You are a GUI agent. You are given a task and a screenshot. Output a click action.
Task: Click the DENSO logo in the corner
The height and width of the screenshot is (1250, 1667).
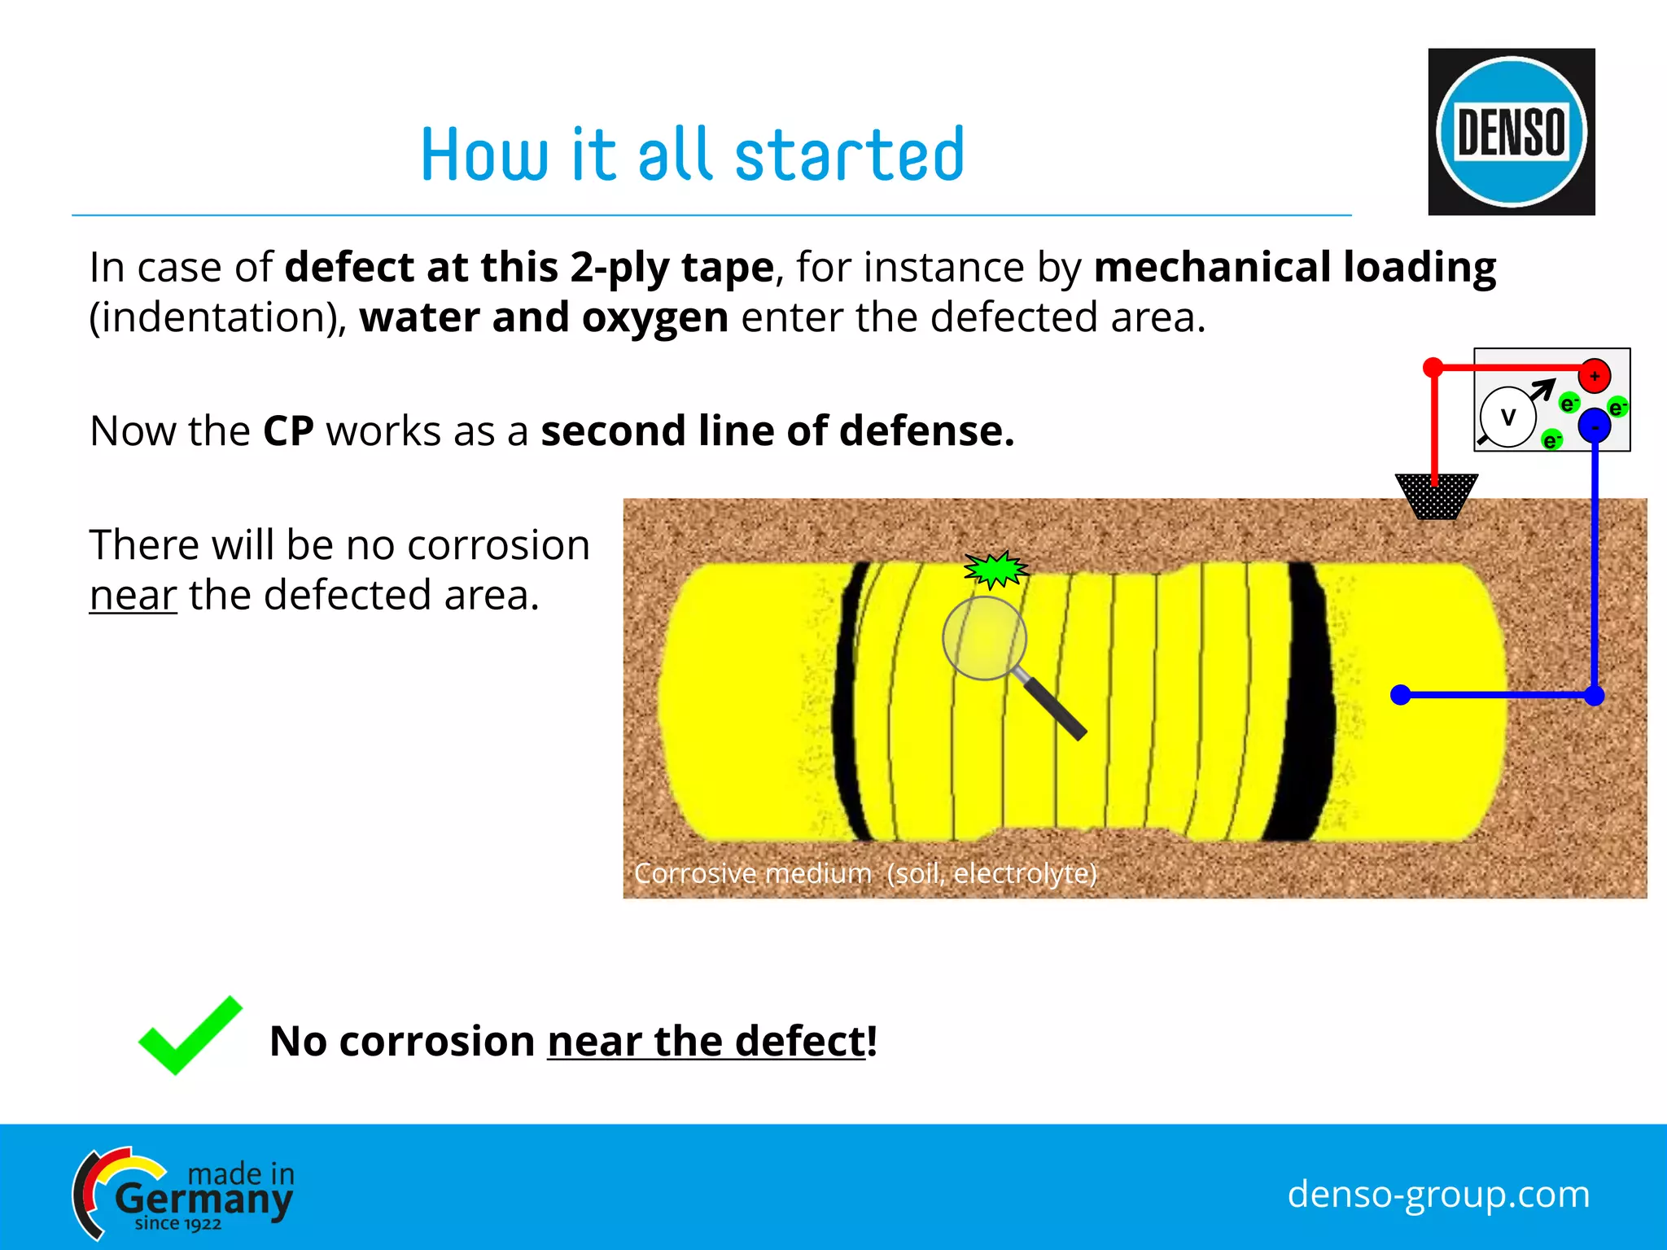[x=1511, y=132]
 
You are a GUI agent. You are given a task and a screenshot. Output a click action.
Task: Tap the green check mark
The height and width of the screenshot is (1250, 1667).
[x=190, y=1035]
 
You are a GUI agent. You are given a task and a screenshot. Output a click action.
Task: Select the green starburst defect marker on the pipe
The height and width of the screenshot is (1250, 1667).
[x=995, y=570]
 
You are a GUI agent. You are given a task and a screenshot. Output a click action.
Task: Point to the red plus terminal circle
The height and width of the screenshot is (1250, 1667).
[x=1594, y=376]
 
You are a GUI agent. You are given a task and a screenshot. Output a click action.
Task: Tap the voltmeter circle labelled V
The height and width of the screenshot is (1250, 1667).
[x=1507, y=417]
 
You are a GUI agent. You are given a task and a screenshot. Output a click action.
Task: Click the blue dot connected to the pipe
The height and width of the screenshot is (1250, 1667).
[x=1400, y=695]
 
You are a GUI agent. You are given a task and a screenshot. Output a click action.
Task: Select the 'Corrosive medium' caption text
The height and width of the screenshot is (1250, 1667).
[x=864, y=873]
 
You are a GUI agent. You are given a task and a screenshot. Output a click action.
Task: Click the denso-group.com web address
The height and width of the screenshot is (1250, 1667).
[x=1437, y=1194]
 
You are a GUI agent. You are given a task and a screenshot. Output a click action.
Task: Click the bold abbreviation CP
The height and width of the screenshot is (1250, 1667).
[x=288, y=431]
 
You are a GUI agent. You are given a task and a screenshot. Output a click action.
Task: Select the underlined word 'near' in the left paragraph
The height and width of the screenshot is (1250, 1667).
[x=133, y=595]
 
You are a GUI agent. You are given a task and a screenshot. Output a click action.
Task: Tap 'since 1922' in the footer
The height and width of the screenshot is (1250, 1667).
[x=177, y=1224]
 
